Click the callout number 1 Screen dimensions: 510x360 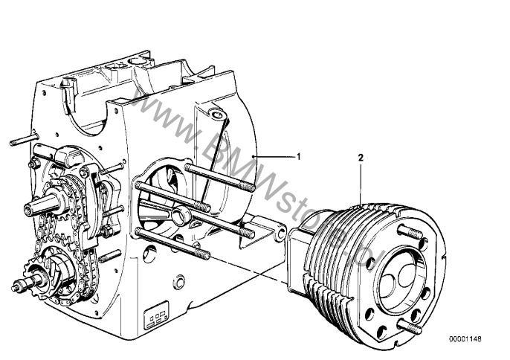point(299,156)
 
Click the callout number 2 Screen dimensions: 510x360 point(361,158)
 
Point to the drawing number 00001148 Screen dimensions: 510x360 point(465,339)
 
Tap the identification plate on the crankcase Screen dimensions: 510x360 point(156,315)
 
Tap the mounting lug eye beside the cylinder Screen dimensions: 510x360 point(280,234)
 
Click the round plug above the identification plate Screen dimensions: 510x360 point(179,282)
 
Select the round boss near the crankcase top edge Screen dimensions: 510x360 point(217,114)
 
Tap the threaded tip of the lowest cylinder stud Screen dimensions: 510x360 point(202,254)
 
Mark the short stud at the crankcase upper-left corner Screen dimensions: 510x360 point(25,140)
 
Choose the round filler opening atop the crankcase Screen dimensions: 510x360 point(138,61)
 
